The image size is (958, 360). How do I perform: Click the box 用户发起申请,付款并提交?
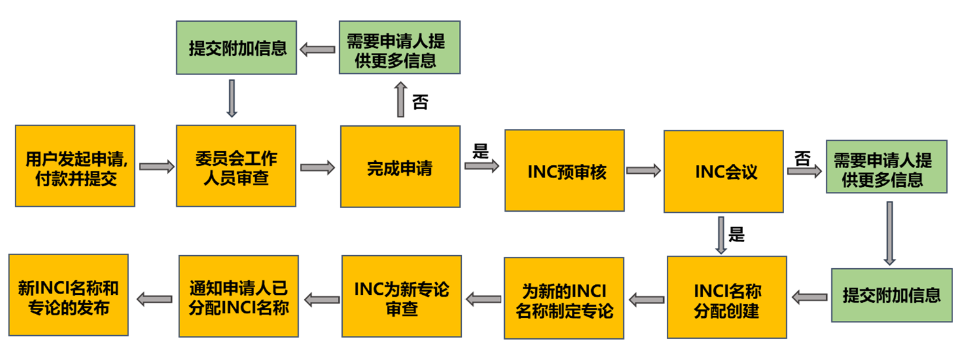(x=75, y=166)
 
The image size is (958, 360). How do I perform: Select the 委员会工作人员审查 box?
(x=236, y=166)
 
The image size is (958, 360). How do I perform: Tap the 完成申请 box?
(x=400, y=166)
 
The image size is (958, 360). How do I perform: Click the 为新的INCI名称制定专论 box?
(x=564, y=299)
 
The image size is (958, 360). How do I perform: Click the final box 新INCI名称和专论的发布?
(x=68, y=295)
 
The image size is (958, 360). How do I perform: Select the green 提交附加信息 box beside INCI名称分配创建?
(x=891, y=295)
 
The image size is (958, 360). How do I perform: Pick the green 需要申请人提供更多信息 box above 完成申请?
(x=400, y=48)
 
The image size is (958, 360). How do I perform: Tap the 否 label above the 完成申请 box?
(x=420, y=102)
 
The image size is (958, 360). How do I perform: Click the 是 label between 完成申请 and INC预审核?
(x=481, y=151)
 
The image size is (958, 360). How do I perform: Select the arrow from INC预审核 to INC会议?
(x=643, y=170)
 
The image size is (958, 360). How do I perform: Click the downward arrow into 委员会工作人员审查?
(x=232, y=97)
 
